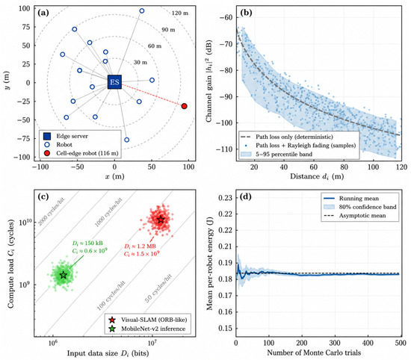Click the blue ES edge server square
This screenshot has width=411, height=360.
(114, 81)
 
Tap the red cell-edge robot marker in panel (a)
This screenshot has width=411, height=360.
(185, 106)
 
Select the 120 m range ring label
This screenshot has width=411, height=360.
(180, 13)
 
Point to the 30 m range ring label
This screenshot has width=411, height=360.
(140, 62)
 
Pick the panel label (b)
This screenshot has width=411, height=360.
(246, 13)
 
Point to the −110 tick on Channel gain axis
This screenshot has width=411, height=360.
(224, 149)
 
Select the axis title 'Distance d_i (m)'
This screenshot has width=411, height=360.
(317, 176)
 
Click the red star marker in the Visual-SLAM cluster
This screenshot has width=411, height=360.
(161, 220)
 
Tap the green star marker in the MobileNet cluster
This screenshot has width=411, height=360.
(64, 275)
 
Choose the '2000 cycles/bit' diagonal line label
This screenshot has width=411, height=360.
(52, 212)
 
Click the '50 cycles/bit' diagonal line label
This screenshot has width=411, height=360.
(158, 288)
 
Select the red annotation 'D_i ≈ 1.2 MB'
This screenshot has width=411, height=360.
(140, 246)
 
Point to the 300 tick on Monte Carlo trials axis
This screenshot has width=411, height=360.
(335, 343)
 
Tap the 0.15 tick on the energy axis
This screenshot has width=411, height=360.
(225, 328)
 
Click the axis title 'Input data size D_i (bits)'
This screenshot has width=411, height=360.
(108, 353)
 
